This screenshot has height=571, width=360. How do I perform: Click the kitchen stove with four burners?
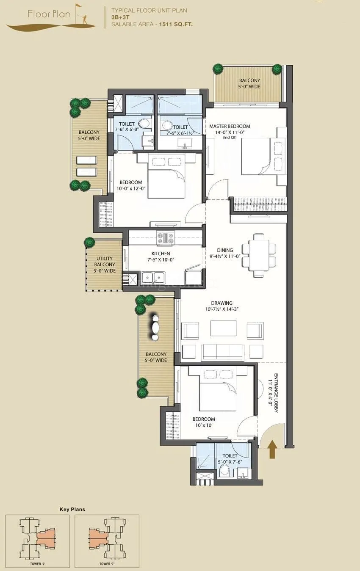click(166, 238)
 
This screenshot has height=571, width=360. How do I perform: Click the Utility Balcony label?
click(104, 265)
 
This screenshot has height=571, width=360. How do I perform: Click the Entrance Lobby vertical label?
click(273, 393)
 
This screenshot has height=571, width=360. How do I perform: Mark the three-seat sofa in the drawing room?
click(223, 351)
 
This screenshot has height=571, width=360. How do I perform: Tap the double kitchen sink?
click(153, 277)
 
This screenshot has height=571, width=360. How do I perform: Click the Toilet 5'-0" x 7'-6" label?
click(230, 459)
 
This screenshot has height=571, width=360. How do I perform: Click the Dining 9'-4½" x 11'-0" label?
click(225, 253)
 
